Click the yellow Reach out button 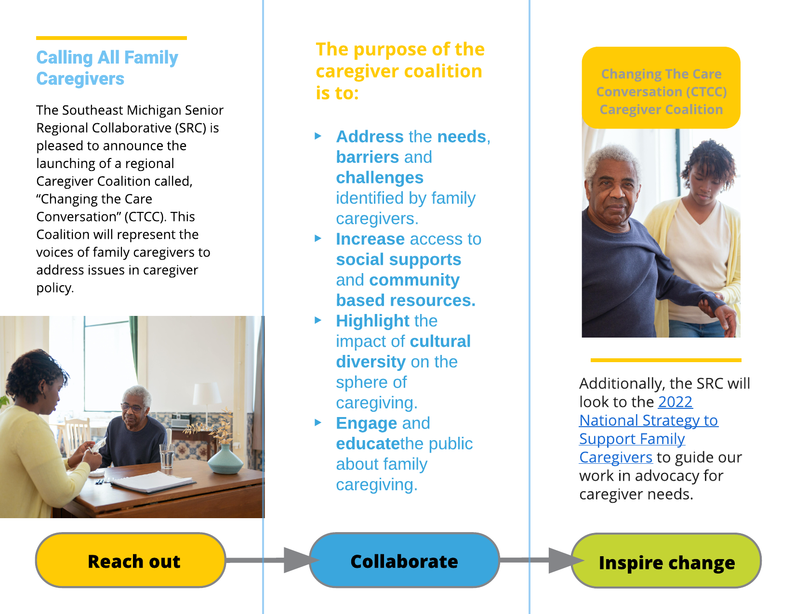click(131, 560)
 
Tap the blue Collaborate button click(404, 560)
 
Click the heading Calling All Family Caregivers click(107, 68)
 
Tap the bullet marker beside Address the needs click(318, 136)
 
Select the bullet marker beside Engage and click(318, 423)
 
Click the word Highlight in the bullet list click(372, 321)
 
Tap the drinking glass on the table click(167, 456)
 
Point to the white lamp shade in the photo click(207, 394)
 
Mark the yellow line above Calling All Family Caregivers click(111, 38)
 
